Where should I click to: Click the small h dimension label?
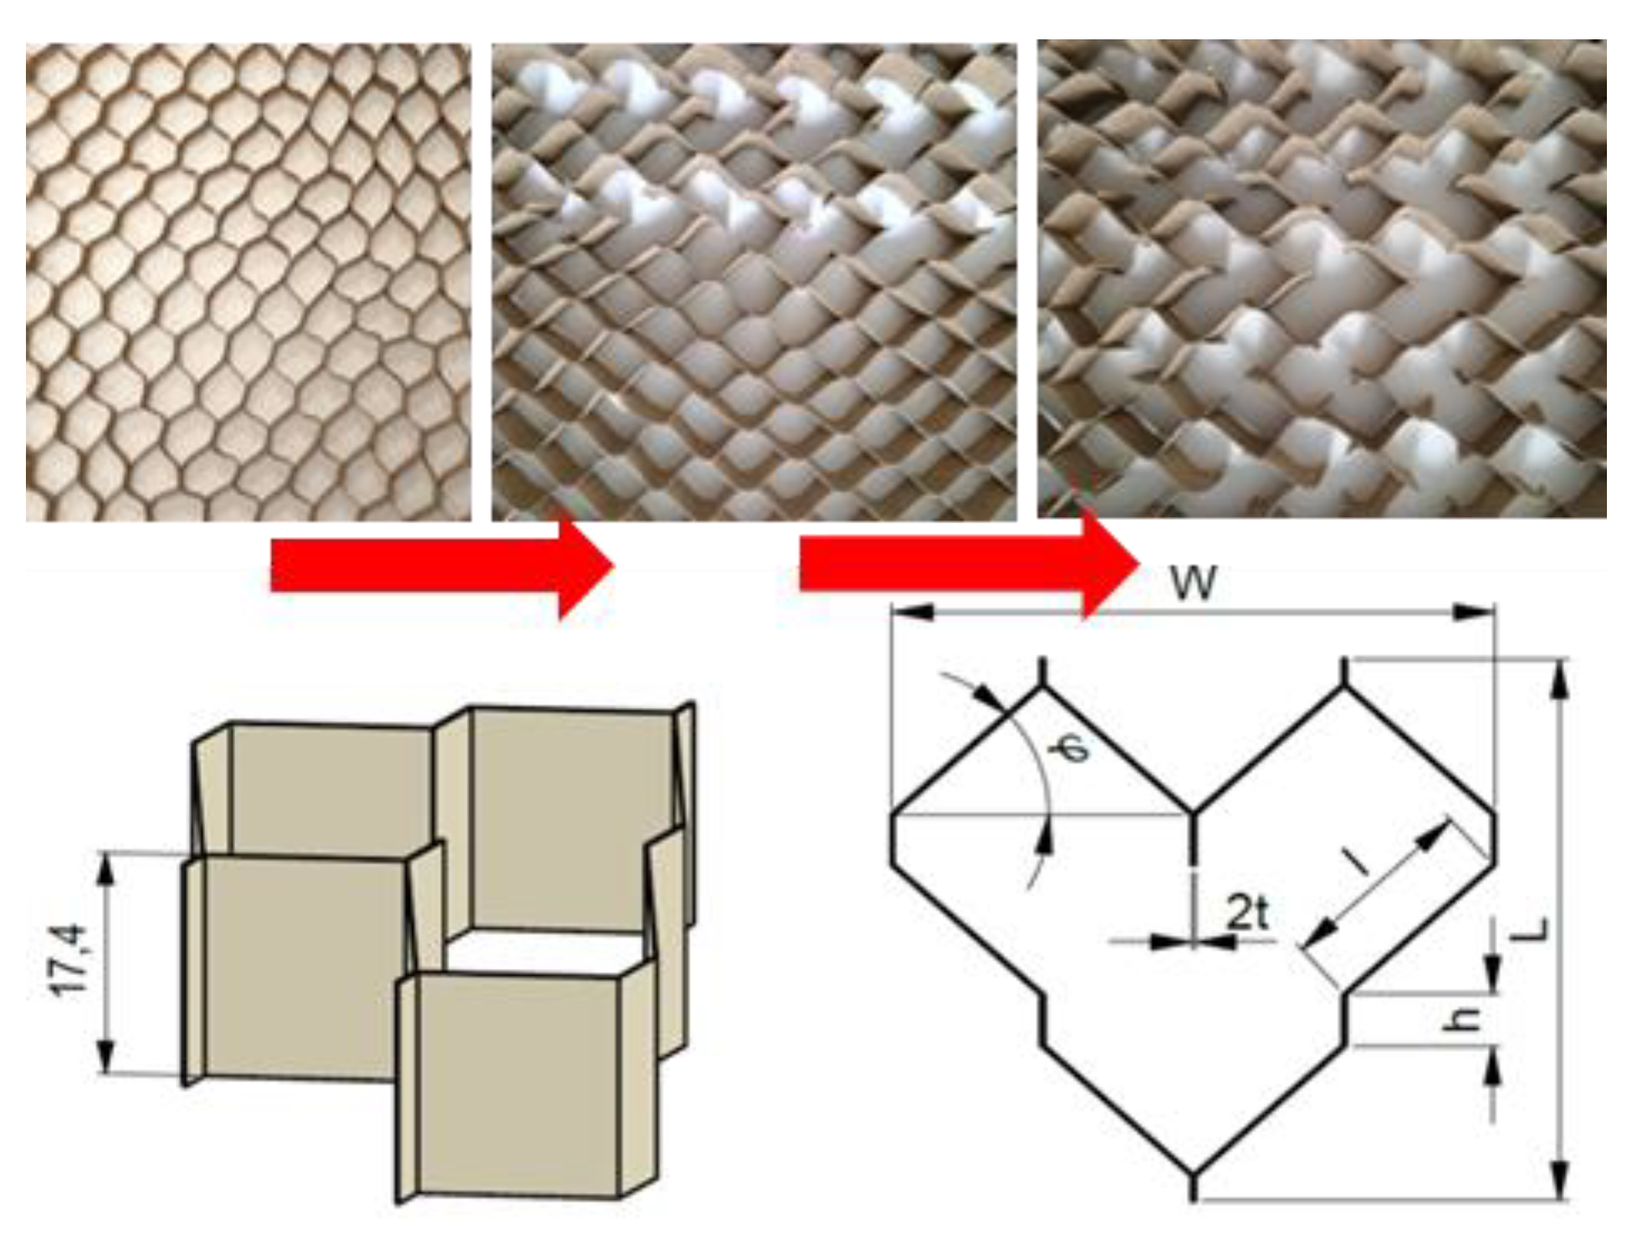coord(1465,1018)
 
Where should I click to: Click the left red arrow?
coord(443,567)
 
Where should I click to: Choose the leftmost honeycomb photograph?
coord(248,282)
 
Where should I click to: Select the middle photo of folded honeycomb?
coord(755,282)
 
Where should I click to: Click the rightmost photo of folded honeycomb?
coord(1322,279)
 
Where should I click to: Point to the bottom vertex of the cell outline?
coord(1193,1172)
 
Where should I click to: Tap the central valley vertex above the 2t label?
coord(1193,812)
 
